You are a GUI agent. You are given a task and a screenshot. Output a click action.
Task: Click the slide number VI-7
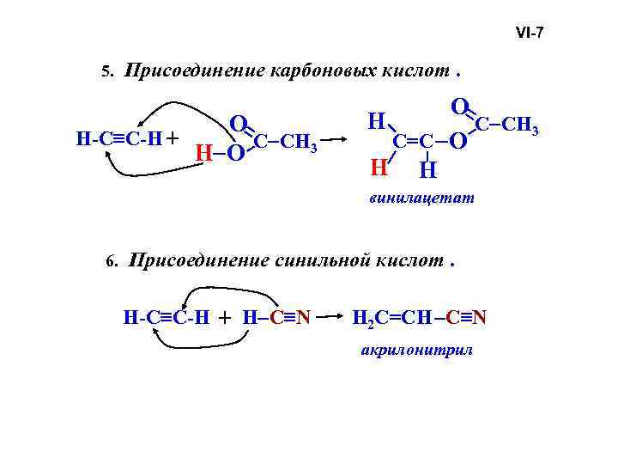click(x=529, y=34)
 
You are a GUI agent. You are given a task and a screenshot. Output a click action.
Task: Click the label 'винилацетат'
click(x=421, y=199)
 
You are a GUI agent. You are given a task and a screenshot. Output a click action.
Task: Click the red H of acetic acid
click(x=203, y=153)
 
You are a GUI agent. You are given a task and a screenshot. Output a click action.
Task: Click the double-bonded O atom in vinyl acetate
click(x=459, y=107)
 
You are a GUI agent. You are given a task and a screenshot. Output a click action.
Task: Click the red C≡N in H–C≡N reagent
click(x=290, y=319)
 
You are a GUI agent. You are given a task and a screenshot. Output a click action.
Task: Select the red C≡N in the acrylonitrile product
click(x=468, y=319)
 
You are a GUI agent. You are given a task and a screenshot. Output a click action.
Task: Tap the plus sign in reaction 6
click(x=226, y=319)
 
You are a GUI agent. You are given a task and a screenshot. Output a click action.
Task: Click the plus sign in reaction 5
click(x=174, y=137)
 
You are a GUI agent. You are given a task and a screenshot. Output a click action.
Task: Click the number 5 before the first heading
click(x=106, y=74)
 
